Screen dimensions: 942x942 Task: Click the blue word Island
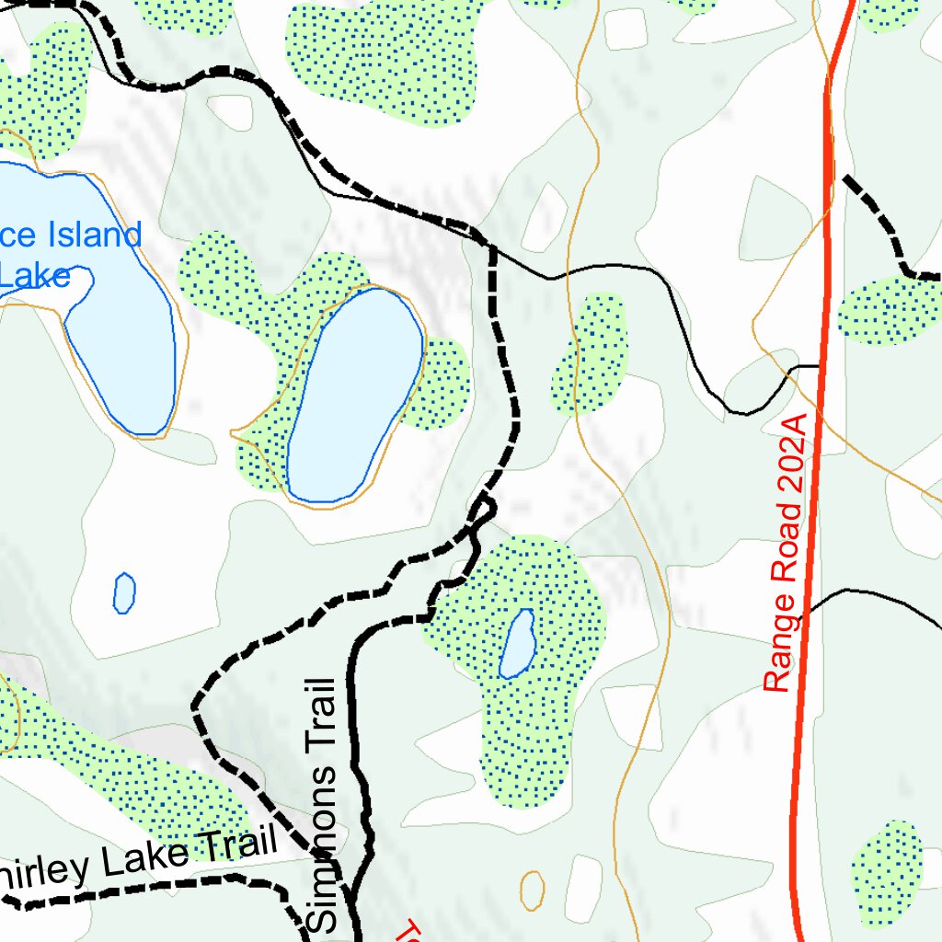click(91, 235)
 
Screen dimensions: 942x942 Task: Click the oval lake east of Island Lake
click(354, 396)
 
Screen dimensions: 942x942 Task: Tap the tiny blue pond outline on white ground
click(124, 592)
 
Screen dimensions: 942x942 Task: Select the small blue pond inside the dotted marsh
click(518, 644)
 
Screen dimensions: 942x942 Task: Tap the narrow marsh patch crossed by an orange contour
click(590, 354)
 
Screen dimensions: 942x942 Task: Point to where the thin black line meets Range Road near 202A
click(819, 366)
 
